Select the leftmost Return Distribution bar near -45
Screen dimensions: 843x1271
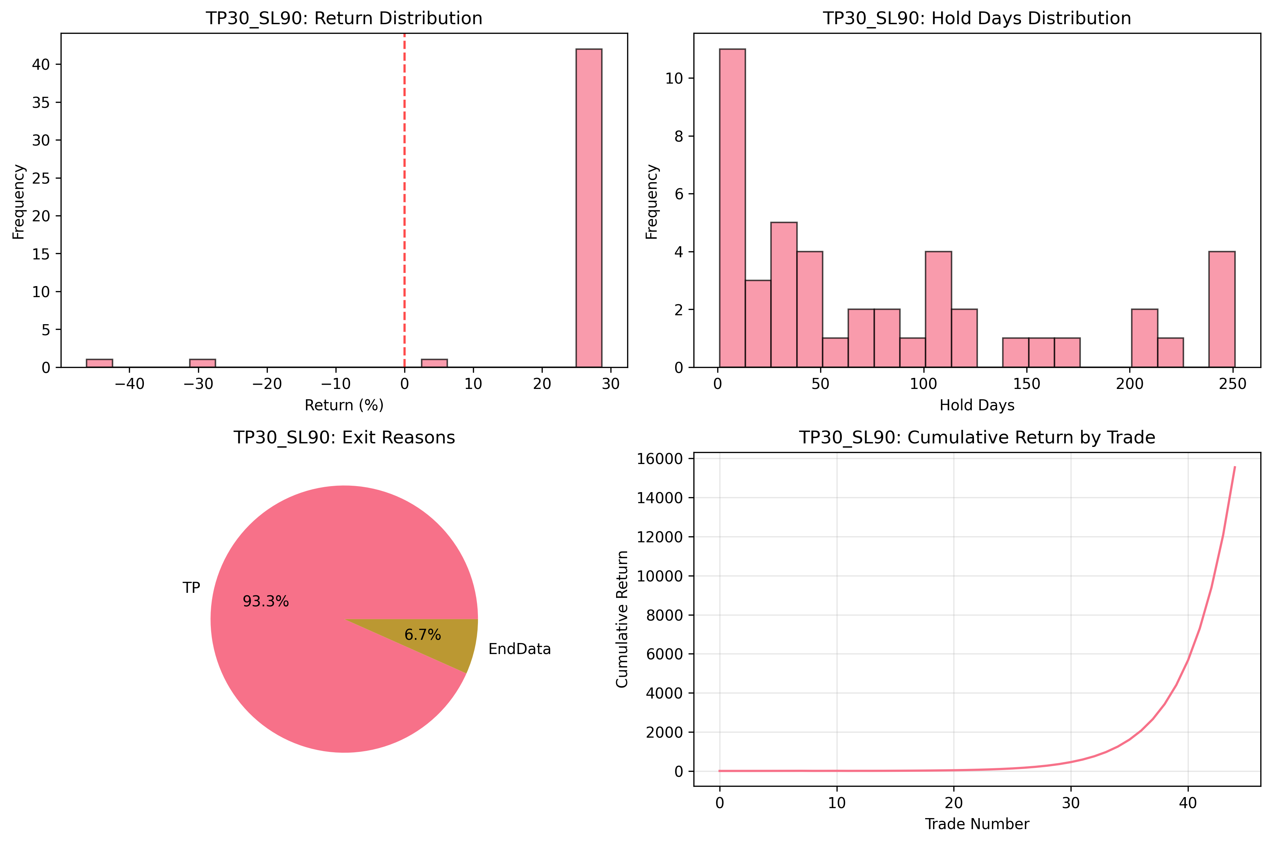pos(99,363)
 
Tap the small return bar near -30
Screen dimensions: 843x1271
pos(202,363)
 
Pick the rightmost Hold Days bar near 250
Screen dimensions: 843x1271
pos(1221,309)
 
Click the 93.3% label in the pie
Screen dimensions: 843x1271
pos(266,601)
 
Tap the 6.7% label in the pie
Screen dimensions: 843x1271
pos(423,635)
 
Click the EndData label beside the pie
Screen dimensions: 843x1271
pos(520,649)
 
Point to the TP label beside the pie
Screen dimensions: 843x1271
pos(192,588)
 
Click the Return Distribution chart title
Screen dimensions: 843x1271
pos(344,18)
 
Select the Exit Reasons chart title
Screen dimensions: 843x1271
pos(344,438)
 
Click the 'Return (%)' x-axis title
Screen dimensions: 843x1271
pos(344,405)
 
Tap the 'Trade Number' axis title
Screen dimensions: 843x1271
pos(977,824)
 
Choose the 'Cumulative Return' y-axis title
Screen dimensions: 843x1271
pos(622,619)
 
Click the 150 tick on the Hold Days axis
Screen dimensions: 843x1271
pos(1027,384)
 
